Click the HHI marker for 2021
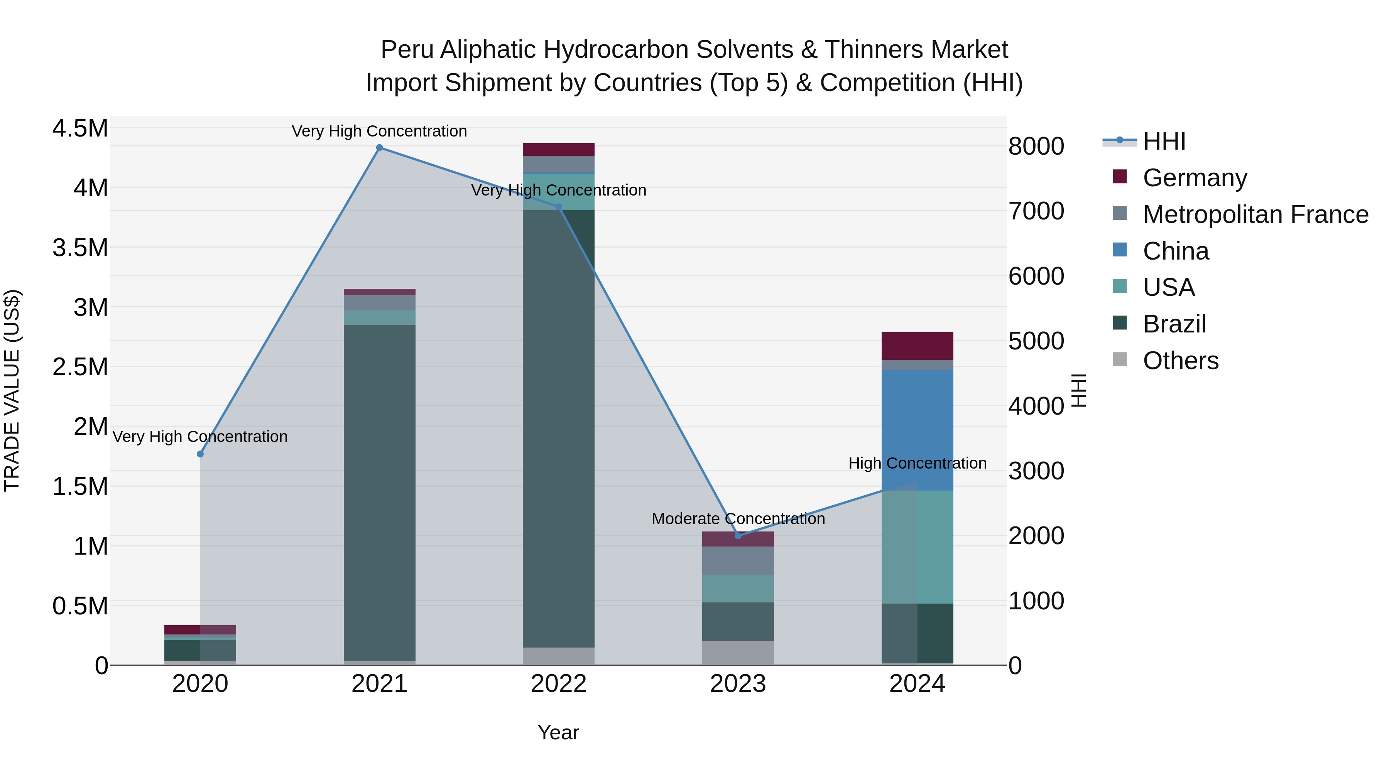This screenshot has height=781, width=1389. click(380, 148)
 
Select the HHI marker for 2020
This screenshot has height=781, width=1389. click(200, 454)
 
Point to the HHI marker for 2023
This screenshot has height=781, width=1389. click(738, 536)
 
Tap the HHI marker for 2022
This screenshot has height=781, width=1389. click(559, 207)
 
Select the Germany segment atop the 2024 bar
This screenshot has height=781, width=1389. click(917, 346)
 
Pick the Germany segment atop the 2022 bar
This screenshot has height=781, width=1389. click(559, 149)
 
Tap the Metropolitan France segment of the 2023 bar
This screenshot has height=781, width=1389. click(738, 560)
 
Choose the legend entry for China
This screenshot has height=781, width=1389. click(1176, 251)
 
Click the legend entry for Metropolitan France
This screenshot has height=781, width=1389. click(1255, 214)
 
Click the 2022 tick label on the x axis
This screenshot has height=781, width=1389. click(559, 684)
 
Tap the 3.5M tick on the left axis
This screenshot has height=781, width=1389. click(80, 248)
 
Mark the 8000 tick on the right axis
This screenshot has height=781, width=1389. click(1036, 146)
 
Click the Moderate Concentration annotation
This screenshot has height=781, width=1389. click(738, 518)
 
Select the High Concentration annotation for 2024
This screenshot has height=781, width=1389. click(917, 463)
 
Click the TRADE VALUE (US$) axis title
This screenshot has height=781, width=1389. click(12, 390)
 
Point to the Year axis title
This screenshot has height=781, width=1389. click(558, 732)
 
